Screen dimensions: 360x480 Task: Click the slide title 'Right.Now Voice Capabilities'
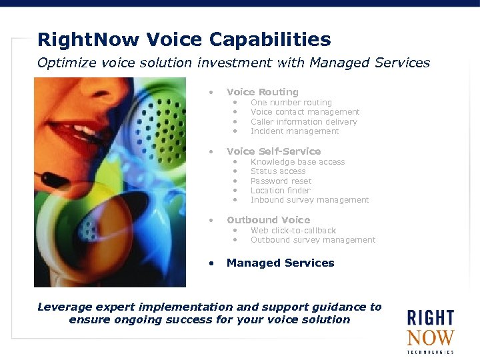pos(184,40)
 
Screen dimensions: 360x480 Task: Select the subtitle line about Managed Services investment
pos(233,63)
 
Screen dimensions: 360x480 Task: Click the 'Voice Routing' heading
pos(262,92)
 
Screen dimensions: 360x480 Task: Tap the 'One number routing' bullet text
pos(291,103)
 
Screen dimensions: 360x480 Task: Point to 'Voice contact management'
pos(305,112)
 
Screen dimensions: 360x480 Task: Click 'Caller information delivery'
pos(303,122)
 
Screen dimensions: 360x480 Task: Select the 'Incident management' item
pos(294,131)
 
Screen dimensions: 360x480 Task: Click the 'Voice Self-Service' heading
pos(273,151)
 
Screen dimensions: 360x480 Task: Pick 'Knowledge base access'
pos(297,162)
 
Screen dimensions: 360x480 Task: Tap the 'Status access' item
pos(277,171)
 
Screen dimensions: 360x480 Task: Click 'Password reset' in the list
pos(281,181)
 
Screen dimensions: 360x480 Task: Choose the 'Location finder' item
pos(280,191)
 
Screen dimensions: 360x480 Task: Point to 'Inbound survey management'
pos(309,200)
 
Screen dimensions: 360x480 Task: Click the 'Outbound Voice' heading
pos(268,220)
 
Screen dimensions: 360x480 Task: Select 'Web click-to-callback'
pos(293,231)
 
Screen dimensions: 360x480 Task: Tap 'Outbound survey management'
pos(313,240)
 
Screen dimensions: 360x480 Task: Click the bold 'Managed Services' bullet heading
pos(280,263)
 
